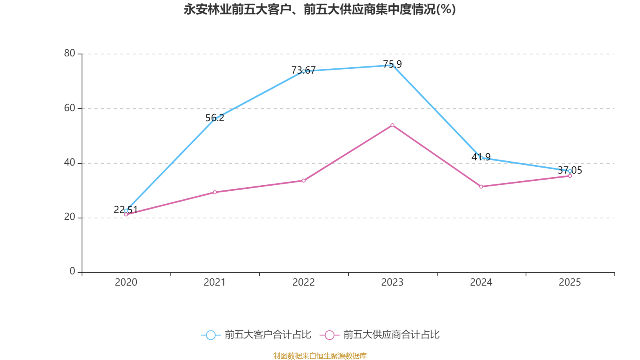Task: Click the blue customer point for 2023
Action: coord(392,65)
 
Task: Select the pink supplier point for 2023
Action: coord(392,125)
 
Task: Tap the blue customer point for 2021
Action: coord(214,119)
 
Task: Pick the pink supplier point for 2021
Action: coord(215,192)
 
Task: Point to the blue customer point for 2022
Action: coord(303,71)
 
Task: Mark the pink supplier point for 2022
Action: coord(304,181)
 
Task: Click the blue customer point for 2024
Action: coord(481,158)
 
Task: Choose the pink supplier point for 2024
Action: coord(481,186)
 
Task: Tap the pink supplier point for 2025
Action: coord(570,176)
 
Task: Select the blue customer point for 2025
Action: coord(570,171)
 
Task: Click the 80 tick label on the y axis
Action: coord(70,54)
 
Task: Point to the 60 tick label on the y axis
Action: coord(70,108)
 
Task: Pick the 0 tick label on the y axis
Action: coord(72,272)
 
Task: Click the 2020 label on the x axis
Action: coord(126,282)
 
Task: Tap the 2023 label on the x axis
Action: coord(392,282)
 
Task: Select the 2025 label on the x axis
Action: coord(570,282)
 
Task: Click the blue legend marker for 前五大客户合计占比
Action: coord(210,335)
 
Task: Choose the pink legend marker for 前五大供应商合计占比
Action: coord(329,335)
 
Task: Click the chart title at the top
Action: coord(320,9)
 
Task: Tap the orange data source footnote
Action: coord(320,356)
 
